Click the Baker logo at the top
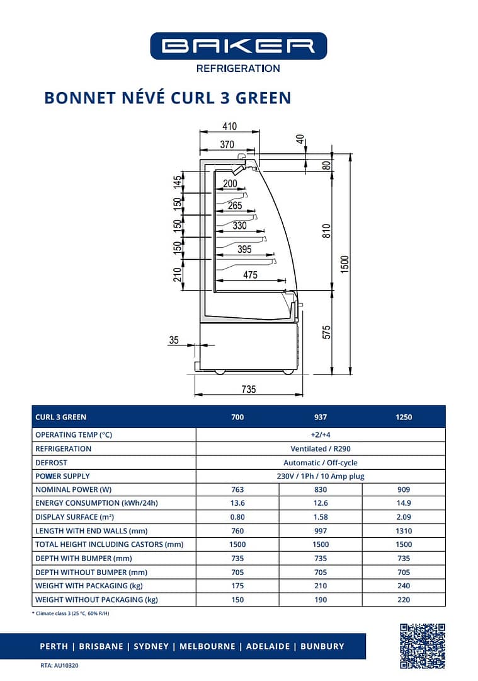click(238, 46)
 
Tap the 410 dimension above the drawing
click(230, 126)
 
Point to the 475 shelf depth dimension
click(250, 275)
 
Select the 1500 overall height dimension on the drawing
click(344, 264)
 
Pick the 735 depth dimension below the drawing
click(249, 389)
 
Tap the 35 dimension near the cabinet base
click(174, 340)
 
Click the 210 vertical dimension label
click(178, 275)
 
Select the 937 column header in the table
click(321, 417)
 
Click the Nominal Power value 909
click(404, 489)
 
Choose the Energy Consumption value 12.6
click(321, 503)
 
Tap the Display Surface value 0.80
click(237, 517)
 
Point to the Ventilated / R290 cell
click(321, 449)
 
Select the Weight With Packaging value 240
click(404, 586)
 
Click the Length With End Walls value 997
click(321, 531)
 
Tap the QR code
click(423, 646)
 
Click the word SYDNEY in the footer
click(151, 646)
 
